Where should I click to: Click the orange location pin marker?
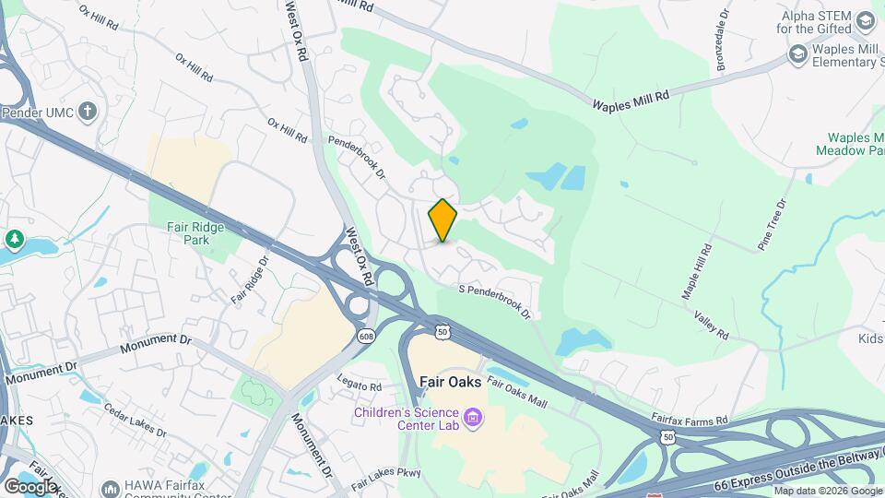coord(442,219)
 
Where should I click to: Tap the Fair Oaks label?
coord(450,381)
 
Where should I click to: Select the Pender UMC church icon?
coord(88,113)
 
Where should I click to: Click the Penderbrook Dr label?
coord(356,157)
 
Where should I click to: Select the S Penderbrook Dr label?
coord(495,301)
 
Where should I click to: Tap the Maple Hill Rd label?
coord(697,271)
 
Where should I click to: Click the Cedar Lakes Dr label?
coord(134,420)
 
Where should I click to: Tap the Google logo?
coord(29,486)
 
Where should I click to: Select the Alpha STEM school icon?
coord(865,20)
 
